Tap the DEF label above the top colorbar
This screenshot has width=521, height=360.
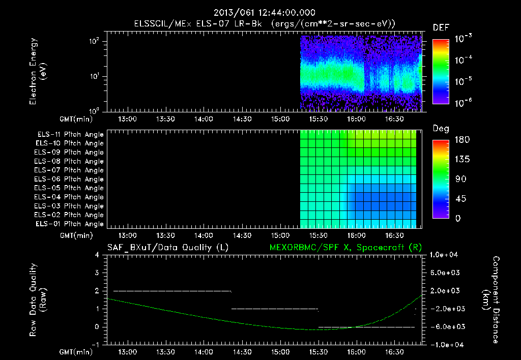click(440, 27)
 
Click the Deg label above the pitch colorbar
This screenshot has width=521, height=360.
click(440, 129)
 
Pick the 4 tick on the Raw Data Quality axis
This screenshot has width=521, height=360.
click(97, 255)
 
